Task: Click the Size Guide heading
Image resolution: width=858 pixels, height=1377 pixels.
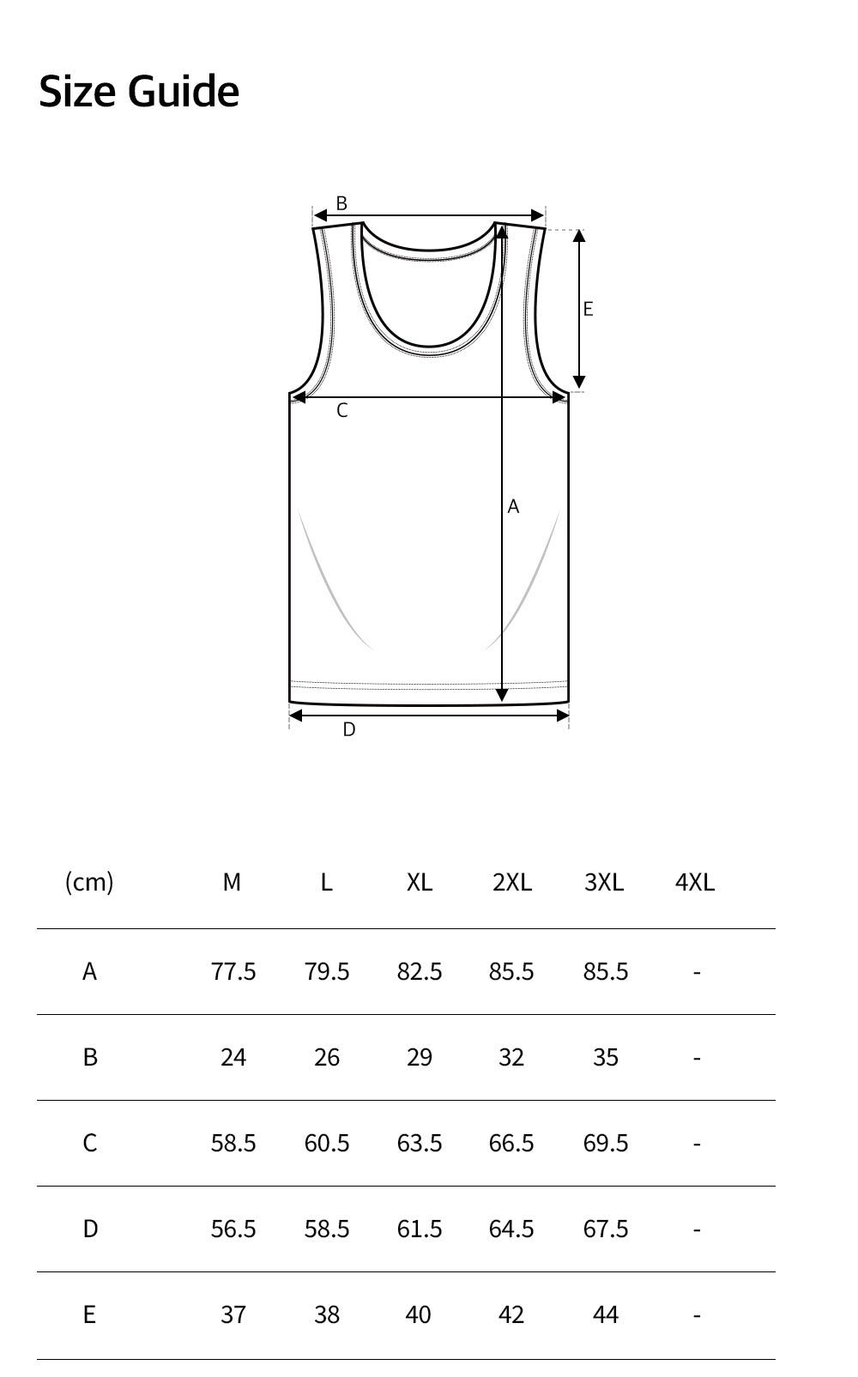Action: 139,92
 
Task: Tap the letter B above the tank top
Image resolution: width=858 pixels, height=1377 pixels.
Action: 341,202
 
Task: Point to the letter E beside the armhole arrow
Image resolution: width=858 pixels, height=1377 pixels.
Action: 589,309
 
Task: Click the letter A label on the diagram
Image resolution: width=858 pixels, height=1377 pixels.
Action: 513,506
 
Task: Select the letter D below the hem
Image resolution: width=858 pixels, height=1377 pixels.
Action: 349,730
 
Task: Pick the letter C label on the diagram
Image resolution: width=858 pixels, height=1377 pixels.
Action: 342,410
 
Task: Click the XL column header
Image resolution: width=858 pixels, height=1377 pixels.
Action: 420,883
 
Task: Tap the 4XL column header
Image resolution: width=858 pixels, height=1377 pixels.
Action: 695,883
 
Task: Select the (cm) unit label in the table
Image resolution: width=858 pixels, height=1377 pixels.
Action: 89,883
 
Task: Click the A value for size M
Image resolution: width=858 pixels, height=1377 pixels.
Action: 233,972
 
